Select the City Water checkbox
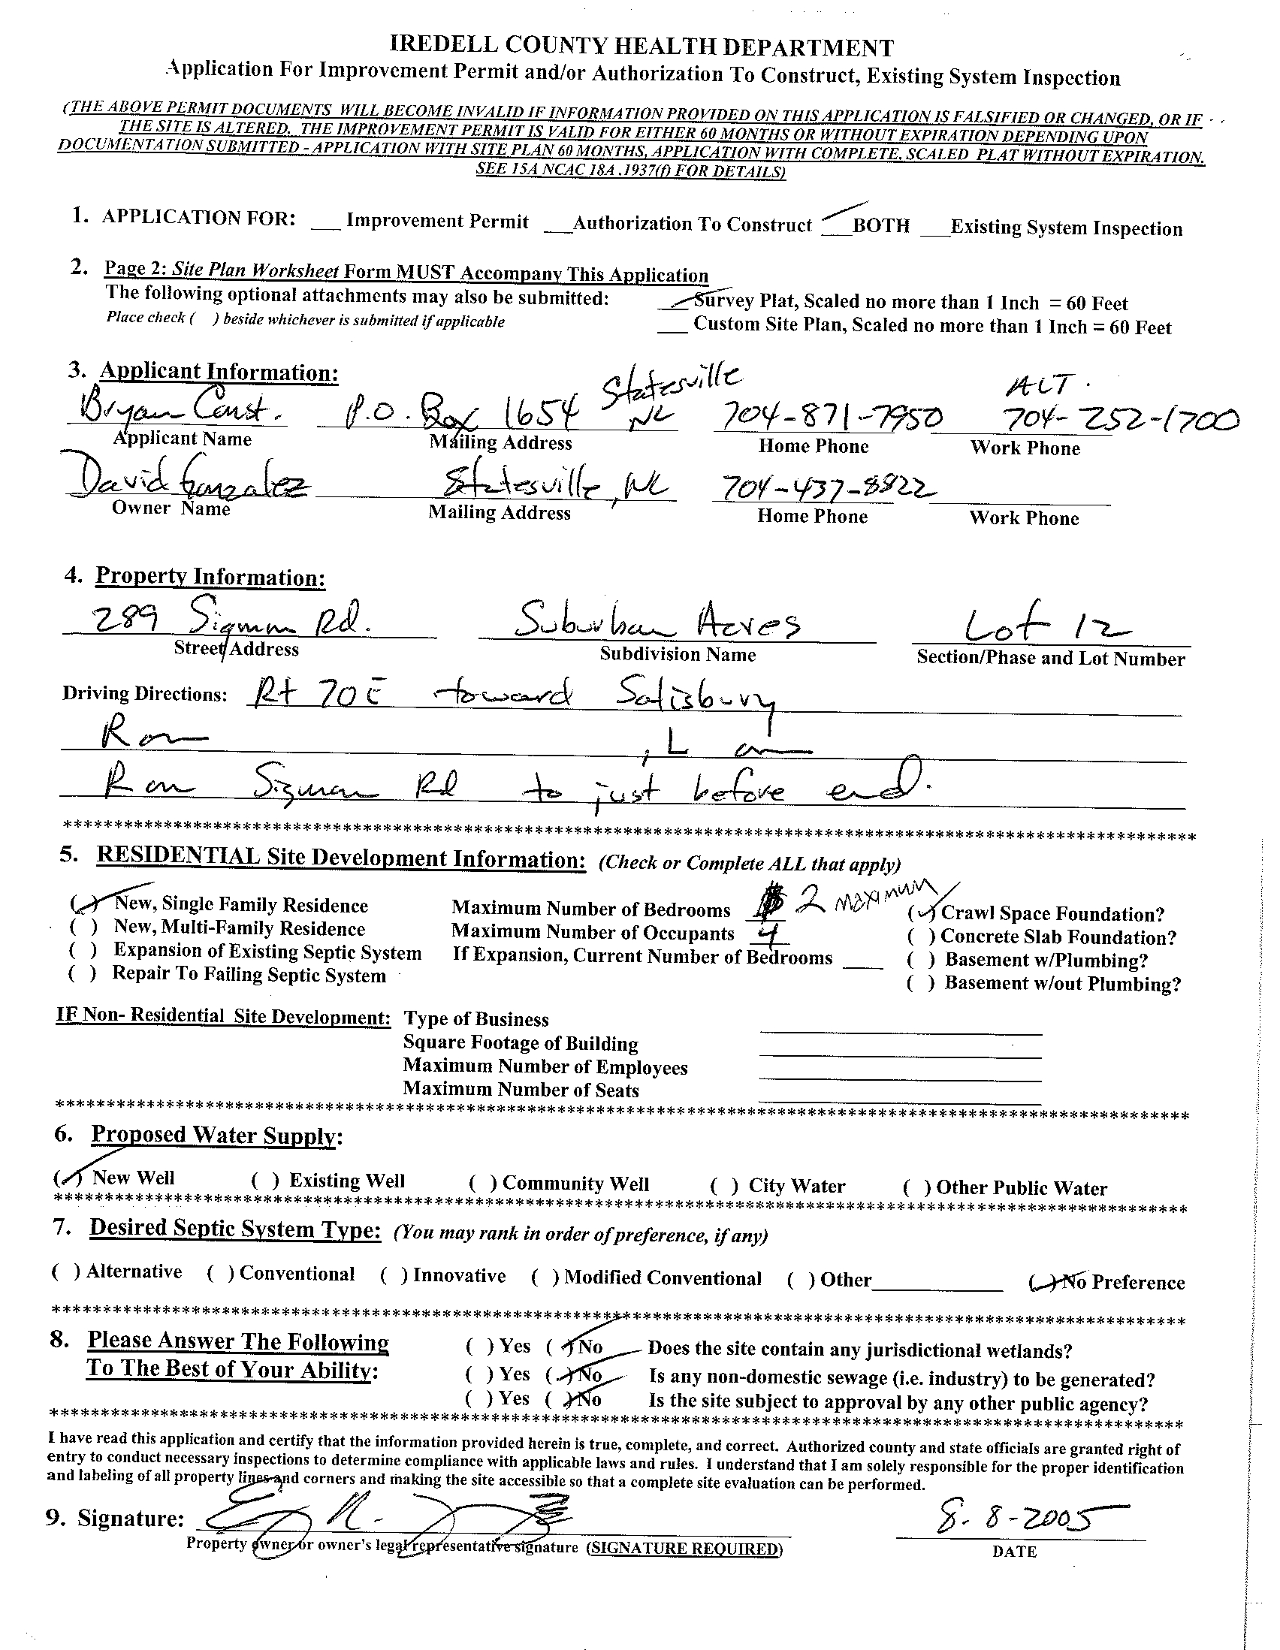click(725, 1185)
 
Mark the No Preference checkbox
click(1043, 1282)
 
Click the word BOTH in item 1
click(880, 226)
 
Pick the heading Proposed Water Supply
click(214, 1136)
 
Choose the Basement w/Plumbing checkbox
click(921, 961)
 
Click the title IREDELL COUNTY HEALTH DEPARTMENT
click(641, 47)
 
